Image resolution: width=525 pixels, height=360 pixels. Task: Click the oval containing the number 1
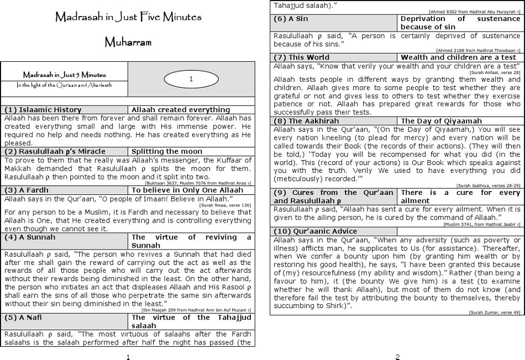click(191, 80)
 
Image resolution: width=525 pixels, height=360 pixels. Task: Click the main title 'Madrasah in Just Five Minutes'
click(128, 17)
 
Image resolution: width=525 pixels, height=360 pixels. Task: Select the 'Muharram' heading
click(128, 42)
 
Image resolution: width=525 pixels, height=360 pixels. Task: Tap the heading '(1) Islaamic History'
click(43, 110)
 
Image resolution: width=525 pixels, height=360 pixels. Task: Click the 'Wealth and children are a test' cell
click(459, 57)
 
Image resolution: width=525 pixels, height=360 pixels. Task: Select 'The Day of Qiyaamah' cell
click(442, 121)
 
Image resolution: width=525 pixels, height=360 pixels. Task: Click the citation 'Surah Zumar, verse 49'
click(495, 313)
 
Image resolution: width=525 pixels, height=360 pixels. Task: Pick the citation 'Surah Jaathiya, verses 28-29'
click(489, 185)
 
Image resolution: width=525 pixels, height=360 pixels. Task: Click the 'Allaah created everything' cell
click(181, 110)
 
